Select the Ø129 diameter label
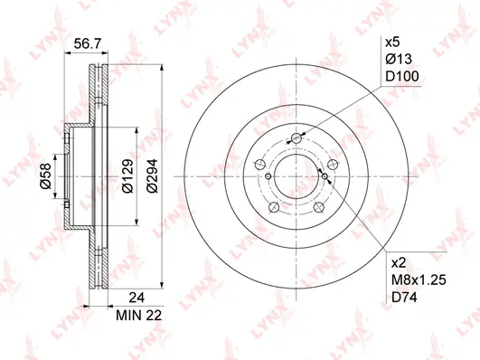[128, 173]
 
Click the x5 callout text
[392, 43]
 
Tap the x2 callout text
[396, 263]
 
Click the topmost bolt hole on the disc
[295, 138]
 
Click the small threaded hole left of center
[269, 177]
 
